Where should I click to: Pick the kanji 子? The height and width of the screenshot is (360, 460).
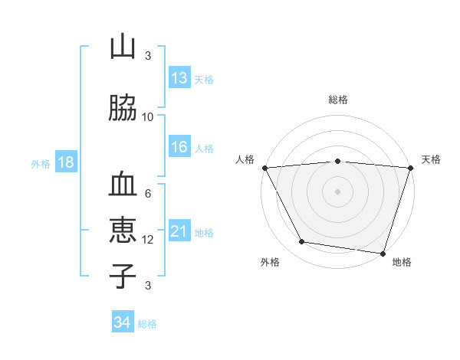pos(123,276)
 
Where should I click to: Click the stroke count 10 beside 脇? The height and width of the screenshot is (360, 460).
pos(148,116)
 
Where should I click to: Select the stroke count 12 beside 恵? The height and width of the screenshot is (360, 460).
pos(148,240)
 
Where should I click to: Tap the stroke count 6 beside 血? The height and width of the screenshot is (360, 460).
pos(148,194)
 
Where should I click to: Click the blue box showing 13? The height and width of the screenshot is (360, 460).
pos(179,78)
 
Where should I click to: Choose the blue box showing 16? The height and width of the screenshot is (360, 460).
pos(179,148)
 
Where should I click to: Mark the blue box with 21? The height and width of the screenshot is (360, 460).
pos(179,231)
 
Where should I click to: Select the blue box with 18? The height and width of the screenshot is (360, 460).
pos(65,162)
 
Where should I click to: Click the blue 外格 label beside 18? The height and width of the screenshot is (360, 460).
pos(41,163)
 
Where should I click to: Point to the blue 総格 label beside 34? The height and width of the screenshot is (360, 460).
pos(147,324)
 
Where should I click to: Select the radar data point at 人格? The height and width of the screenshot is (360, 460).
pos(264,168)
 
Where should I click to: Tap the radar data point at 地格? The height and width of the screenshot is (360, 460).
pos(383,253)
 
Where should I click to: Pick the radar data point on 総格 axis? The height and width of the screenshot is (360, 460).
pos(337,161)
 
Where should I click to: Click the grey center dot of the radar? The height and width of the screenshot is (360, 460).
pos(337,191)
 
